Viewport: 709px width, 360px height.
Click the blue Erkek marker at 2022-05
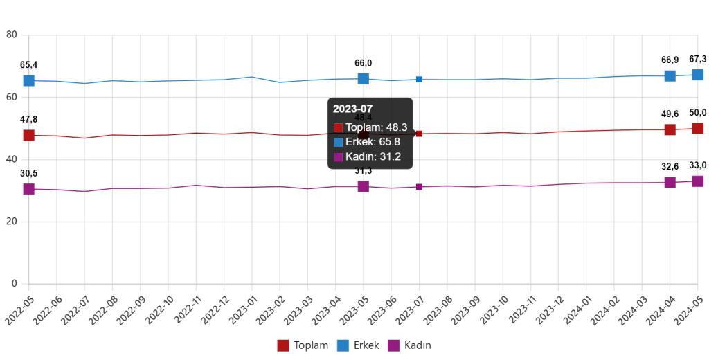tap(29, 80)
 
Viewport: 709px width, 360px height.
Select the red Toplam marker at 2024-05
tap(698, 128)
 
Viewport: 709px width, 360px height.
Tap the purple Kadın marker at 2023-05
tap(364, 186)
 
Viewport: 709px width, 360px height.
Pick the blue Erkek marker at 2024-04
tap(670, 75)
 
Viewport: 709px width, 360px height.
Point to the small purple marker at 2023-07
tap(419, 187)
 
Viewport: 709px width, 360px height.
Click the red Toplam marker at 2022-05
tap(29, 135)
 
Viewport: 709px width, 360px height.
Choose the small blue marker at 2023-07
tap(419, 79)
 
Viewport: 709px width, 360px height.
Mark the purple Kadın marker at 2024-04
tap(670, 182)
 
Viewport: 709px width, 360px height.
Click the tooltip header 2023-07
tap(352, 109)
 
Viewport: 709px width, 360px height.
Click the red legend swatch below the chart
tap(283, 345)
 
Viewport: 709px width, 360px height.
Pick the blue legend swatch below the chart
tap(343, 345)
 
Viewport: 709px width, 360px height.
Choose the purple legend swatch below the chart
tap(393, 345)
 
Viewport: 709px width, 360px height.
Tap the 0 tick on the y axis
tap(14, 283)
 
